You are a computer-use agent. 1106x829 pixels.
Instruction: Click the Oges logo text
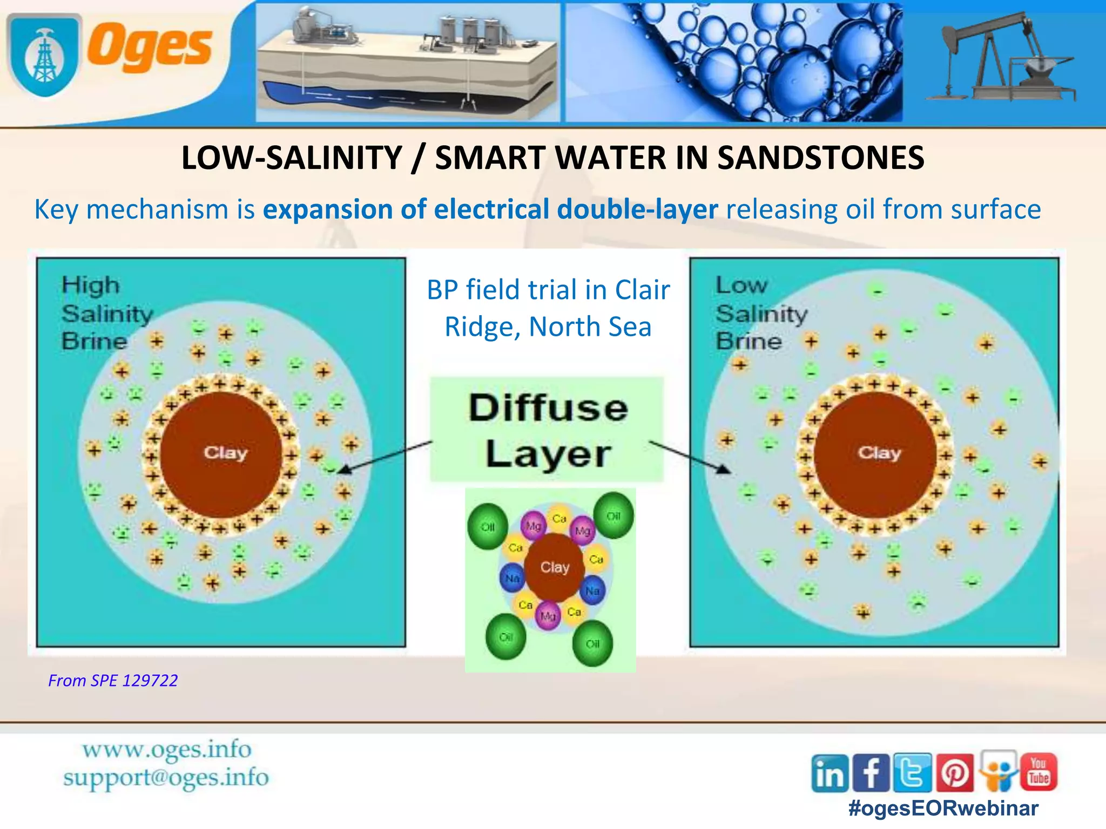click(150, 47)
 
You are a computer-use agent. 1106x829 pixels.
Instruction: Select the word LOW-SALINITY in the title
click(292, 158)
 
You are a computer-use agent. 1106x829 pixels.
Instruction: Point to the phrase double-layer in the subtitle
click(637, 209)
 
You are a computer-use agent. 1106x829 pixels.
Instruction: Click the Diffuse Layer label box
click(547, 430)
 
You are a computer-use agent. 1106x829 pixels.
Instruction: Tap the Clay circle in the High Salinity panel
click(222, 453)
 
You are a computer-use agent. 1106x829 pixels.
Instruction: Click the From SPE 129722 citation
click(113, 681)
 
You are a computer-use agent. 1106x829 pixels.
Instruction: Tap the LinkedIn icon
click(829, 773)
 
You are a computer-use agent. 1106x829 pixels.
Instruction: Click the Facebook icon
click(871, 773)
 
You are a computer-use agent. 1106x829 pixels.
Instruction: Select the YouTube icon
click(1038, 772)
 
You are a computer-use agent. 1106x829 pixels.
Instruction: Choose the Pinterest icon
click(955, 773)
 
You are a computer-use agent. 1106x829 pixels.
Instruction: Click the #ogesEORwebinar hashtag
click(943, 808)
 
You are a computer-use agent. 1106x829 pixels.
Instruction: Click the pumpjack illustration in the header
click(999, 59)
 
